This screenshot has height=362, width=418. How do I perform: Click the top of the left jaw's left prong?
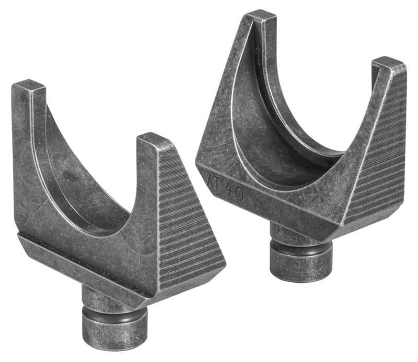29,87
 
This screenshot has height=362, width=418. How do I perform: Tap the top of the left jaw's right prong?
155,141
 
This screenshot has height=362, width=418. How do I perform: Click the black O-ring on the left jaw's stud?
114,312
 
